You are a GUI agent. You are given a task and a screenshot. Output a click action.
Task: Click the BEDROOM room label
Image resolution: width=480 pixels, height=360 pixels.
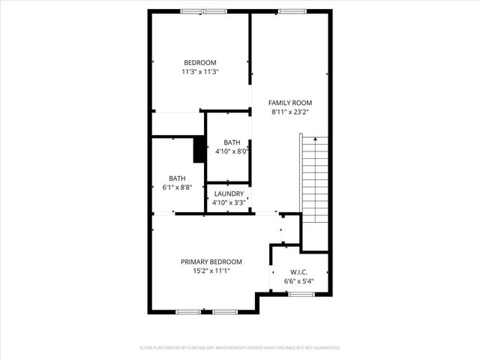click(x=200, y=62)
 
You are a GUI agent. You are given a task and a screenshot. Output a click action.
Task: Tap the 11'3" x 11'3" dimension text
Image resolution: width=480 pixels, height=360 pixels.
click(x=200, y=72)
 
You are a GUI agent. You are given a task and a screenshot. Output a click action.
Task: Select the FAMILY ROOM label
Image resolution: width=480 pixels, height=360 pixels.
click(x=291, y=103)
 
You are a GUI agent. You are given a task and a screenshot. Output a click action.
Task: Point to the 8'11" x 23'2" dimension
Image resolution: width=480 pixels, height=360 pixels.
click(x=291, y=112)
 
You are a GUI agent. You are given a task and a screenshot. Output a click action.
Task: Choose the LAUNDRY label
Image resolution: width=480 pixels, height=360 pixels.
click(x=228, y=193)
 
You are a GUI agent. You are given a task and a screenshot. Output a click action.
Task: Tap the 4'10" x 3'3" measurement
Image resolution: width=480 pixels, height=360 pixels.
click(x=228, y=202)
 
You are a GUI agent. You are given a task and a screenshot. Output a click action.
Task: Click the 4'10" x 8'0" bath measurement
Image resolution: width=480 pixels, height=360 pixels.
click(x=232, y=151)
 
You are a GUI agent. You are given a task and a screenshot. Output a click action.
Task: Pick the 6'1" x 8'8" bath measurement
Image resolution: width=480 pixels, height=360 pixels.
click(x=177, y=187)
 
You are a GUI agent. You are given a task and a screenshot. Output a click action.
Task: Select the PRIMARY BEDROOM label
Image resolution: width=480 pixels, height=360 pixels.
click(x=211, y=262)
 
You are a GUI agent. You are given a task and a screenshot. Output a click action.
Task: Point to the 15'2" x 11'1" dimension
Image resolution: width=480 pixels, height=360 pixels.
click(x=211, y=271)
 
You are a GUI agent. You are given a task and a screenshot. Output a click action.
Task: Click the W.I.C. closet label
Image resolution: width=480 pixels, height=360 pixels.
click(x=298, y=272)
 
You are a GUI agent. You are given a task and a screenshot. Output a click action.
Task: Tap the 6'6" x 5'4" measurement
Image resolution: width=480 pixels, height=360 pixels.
click(x=298, y=282)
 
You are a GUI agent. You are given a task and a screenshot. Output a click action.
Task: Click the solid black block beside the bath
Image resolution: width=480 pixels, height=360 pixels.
click(x=199, y=149)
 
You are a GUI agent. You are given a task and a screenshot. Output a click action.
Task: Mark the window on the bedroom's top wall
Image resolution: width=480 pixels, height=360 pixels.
click(x=204, y=11)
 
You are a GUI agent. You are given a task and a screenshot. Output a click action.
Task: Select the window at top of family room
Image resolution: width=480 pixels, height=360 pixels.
click(x=289, y=11)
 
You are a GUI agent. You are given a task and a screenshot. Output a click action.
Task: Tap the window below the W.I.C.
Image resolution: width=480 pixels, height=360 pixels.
click(x=301, y=295)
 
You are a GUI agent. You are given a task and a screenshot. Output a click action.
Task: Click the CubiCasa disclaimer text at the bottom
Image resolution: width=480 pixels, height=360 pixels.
click(x=240, y=348)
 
